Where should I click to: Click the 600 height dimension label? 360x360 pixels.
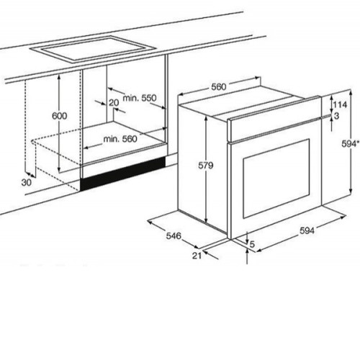pyautogui.click(x=60, y=116)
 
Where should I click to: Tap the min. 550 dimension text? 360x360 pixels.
pyautogui.click(x=140, y=98)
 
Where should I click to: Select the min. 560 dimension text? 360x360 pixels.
pyautogui.click(x=120, y=139)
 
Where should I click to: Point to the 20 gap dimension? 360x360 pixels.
pyautogui.click(x=114, y=103)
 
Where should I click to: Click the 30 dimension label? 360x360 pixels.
pyautogui.click(x=27, y=183)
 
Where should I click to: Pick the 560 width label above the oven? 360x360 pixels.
pyautogui.click(x=219, y=86)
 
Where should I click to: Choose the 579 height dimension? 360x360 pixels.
pyautogui.click(x=206, y=166)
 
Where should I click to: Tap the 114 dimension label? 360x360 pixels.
pyautogui.click(x=340, y=104)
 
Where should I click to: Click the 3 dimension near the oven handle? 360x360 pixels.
pyautogui.click(x=336, y=116)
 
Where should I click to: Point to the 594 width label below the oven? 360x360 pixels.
pyautogui.click(x=307, y=230)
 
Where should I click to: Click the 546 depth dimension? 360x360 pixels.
pyautogui.click(x=174, y=236)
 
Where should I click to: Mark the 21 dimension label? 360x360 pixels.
pyautogui.click(x=197, y=256)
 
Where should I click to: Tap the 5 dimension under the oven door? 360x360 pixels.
pyautogui.click(x=252, y=244)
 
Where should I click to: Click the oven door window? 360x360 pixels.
pyautogui.click(x=276, y=179)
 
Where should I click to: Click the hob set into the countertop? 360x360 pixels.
pyautogui.click(x=93, y=49)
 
